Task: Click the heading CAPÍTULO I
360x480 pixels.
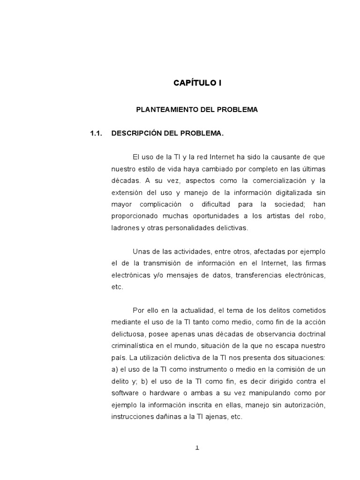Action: pyautogui.click(x=197, y=83)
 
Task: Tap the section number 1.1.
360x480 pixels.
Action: pyautogui.click(x=96, y=134)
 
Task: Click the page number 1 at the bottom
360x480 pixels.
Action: pyautogui.click(x=197, y=448)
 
